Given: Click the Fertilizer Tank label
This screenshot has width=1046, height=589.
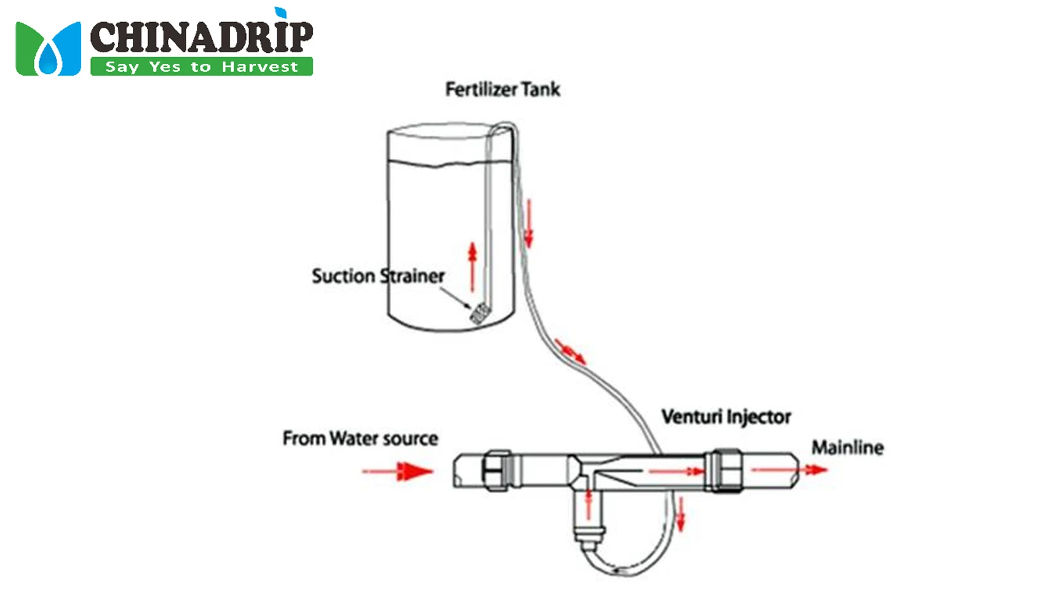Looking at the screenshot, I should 502,90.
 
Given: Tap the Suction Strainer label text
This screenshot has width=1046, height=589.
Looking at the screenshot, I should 378,276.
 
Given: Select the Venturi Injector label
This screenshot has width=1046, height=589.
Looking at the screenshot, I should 726,417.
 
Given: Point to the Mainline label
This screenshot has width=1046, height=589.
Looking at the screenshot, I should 847,448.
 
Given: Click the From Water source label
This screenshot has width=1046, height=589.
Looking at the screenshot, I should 360,438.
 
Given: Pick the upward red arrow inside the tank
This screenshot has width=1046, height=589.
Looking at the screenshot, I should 472,267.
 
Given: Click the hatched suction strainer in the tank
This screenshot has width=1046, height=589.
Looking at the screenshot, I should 479,314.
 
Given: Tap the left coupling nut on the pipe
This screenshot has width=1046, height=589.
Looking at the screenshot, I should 496,470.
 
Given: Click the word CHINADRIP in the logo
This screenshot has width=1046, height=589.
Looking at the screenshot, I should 201,37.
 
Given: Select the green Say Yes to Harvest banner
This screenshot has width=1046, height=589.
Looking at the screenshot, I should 201,66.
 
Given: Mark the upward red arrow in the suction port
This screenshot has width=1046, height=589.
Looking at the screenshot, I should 588,504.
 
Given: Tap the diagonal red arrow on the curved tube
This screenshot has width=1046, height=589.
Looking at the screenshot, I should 570,350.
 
